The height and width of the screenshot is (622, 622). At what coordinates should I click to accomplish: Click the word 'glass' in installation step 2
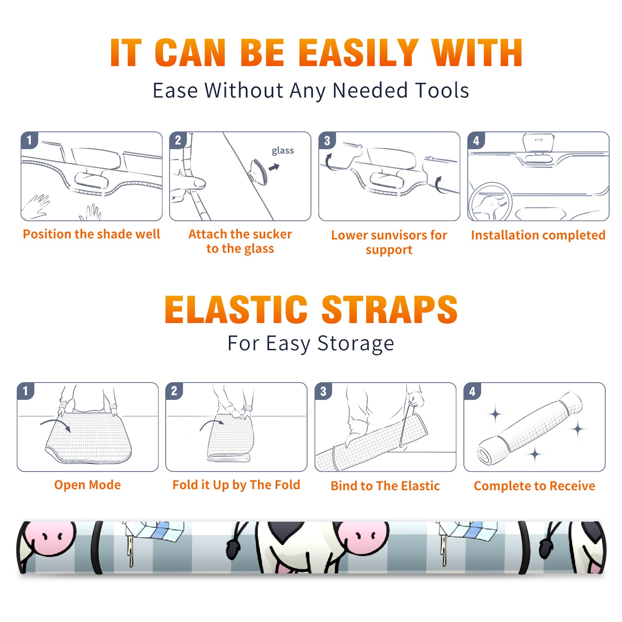[x=283, y=151]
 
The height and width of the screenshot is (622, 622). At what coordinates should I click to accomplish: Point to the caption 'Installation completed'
[x=538, y=235]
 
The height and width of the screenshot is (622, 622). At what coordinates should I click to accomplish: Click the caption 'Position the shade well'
[x=91, y=234]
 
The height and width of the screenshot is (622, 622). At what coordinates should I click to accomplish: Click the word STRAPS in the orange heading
[x=390, y=309]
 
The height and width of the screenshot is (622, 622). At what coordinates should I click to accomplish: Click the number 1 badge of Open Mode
[x=26, y=391]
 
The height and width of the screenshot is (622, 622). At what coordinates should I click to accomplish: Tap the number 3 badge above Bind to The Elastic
[x=323, y=391]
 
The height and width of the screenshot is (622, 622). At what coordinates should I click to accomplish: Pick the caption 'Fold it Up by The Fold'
[x=236, y=485]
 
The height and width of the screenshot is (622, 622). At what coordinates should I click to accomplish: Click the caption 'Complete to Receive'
[x=535, y=486]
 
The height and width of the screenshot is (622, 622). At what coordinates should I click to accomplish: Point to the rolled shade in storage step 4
[x=530, y=428]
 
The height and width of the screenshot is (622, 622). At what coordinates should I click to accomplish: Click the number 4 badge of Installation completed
[x=476, y=140]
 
